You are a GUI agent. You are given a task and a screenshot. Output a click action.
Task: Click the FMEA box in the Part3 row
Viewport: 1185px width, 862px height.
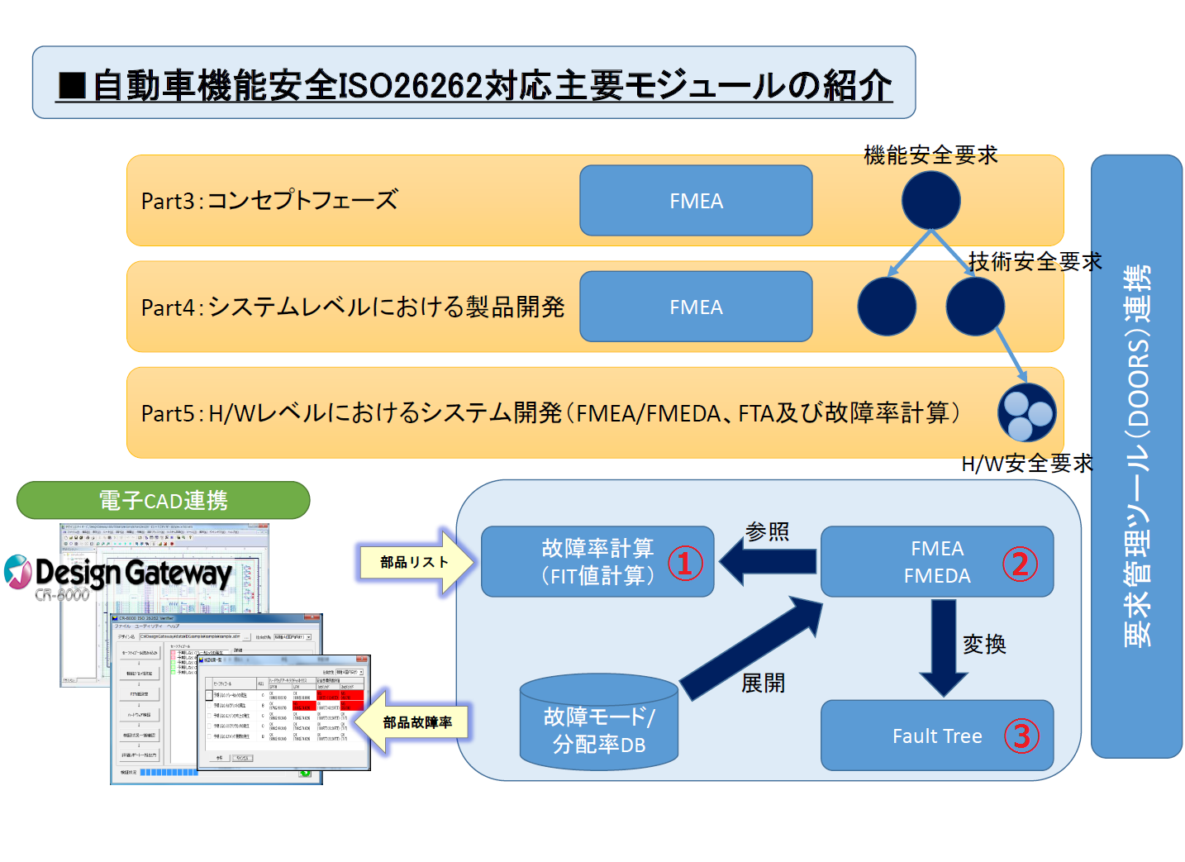(x=696, y=201)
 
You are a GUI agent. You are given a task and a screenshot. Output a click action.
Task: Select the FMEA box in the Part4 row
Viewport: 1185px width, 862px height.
(x=696, y=307)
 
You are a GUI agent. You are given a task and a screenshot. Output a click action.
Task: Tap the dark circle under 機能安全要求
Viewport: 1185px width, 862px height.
(x=930, y=200)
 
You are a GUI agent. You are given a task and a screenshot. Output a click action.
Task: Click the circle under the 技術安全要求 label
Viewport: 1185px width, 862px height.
(x=975, y=306)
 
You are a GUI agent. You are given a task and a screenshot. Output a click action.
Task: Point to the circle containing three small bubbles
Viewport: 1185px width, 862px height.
(x=1026, y=412)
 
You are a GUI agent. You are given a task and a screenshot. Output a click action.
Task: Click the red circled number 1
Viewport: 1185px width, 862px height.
(x=685, y=564)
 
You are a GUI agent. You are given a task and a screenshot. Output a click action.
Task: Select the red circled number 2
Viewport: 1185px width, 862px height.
(x=1020, y=564)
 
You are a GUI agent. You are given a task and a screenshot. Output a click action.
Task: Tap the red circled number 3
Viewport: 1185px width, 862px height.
(x=1021, y=736)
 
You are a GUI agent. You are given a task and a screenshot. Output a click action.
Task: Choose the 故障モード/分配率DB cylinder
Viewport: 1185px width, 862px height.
(x=599, y=727)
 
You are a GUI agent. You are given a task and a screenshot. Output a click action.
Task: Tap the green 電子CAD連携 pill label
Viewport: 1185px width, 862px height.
(x=163, y=500)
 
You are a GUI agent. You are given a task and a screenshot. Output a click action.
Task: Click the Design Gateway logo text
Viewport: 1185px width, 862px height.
(x=132, y=573)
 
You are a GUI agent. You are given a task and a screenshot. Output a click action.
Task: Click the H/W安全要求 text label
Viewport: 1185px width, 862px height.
(x=1026, y=464)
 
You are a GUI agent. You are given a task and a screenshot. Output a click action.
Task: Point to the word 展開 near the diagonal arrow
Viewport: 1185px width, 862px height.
(x=763, y=683)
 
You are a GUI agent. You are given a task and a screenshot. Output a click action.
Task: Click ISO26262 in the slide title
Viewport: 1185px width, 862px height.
(x=410, y=85)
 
